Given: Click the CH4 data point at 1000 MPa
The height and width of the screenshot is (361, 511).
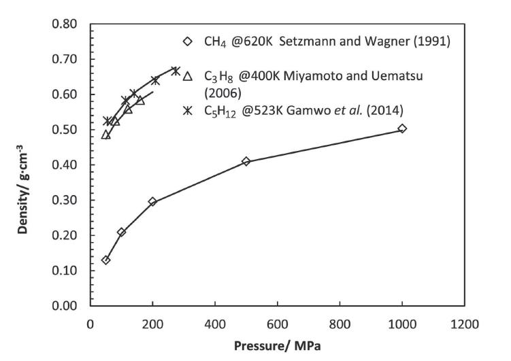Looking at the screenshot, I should click(x=402, y=128).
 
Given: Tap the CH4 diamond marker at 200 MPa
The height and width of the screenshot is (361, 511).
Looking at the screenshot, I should click(x=152, y=201).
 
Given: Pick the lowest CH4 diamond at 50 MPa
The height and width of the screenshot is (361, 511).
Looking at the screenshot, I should click(x=105, y=260).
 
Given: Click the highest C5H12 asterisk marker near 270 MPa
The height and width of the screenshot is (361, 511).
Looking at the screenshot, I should click(x=175, y=71).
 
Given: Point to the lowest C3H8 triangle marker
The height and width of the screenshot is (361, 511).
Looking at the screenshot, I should click(x=105, y=135).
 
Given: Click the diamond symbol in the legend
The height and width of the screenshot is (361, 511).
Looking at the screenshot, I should click(x=188, y=41).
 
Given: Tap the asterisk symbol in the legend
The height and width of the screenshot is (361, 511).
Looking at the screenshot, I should click(x=188, y=110).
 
